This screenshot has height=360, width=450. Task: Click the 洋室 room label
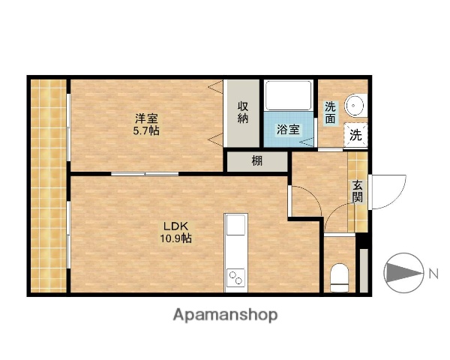tap(146, 118)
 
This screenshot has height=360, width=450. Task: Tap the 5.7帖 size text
tap(146, 130)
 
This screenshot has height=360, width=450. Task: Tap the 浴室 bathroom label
tap(288, 129)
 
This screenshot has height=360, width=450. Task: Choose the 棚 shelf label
tap(257, 160)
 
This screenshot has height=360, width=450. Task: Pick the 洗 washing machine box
tap(356, 136)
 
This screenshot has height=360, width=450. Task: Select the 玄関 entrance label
tap(357, 192)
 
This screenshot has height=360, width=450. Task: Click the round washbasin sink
tap(355, 106)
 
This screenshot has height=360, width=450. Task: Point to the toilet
tap(340, 277)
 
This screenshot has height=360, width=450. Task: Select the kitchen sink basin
tap(235, 225)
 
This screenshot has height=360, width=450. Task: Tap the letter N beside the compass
tap(433, 274)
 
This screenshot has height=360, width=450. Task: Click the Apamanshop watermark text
tap(225, 315)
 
